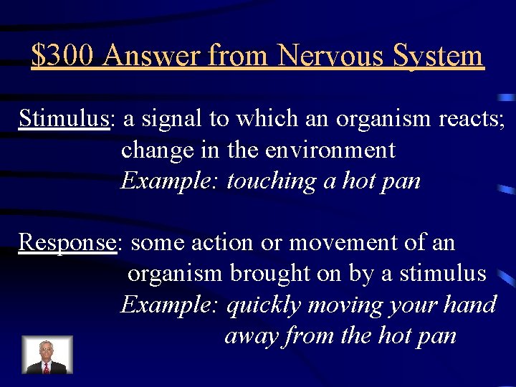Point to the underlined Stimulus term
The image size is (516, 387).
tap(64, 118)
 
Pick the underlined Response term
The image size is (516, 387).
tap(67, 243)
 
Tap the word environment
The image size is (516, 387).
tap(330, 150)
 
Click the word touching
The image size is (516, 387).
tap(272, 181)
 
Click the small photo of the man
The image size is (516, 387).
tap(47, 355)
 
